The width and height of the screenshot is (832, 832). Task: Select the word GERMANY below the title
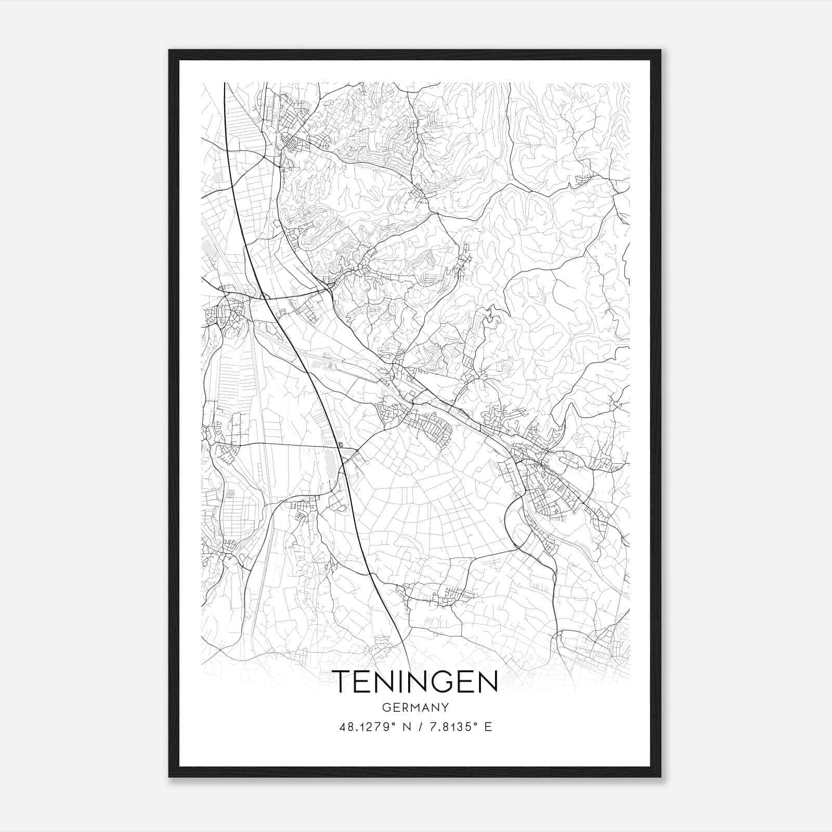click(415, 708)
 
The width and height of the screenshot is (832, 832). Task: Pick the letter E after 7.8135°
click(488, 727)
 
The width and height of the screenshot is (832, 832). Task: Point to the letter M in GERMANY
click(413, 708)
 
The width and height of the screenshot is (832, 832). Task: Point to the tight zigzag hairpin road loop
click(489, 315)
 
